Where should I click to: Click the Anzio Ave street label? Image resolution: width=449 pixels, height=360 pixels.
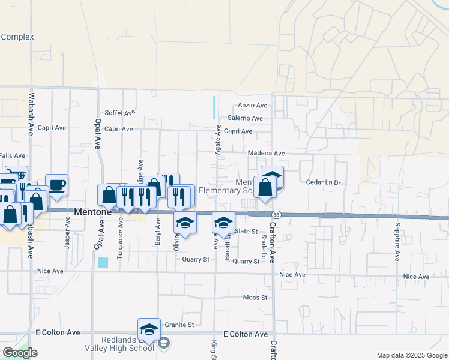click(x=253, y=105)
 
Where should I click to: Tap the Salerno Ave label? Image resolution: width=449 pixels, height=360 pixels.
click(x=245, y=118)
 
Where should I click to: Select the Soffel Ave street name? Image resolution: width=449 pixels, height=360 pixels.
click(x=120, y=112)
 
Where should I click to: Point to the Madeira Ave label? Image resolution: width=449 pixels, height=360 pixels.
click(x=266, y=153)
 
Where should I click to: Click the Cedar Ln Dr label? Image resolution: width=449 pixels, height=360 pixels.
click(x=323, y=182)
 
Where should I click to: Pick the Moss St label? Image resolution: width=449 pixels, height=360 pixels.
click(x=255, y=298)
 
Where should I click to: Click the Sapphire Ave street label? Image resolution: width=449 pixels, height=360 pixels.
click(x=397, y=242)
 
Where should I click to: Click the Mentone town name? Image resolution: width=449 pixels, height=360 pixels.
click(x=92, y=212)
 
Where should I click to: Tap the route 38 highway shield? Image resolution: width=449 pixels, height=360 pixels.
click(x=276, y=214)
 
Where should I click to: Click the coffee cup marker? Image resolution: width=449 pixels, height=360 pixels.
click(x=56, y=184)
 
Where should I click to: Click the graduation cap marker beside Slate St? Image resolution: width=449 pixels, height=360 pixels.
click(x=223, y=223)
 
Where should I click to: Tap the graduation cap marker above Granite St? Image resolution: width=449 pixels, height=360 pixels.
click(x=149, y=328)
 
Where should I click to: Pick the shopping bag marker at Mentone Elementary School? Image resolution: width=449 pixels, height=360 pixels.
click(x=265, y=187)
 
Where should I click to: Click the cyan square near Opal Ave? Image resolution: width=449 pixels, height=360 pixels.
click(x=103, y=262)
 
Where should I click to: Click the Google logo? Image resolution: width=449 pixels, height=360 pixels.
click(x=20, y=353)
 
